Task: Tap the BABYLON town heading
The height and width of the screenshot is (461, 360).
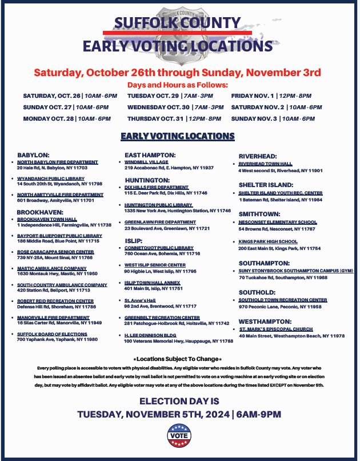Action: (x=33, y=155)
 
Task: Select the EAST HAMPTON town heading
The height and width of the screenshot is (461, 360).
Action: (x=150, y=155)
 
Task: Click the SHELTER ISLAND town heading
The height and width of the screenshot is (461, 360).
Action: (x=266, y=185)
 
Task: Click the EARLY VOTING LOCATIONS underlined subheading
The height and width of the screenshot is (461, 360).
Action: (x=178, y=136)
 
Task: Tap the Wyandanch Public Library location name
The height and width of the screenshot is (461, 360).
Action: (x=51, y=178)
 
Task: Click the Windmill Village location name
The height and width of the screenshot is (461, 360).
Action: (x=146, y=162)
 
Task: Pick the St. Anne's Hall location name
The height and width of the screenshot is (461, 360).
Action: (x=140, y=300)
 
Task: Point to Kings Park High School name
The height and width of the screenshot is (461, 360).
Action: (x=268, y=241)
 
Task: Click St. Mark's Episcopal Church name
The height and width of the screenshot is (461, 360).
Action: (x=276, y=329)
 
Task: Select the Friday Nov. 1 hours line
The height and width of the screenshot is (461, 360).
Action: (x=271, y=96)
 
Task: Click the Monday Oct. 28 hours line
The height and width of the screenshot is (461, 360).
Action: (x=67, y=118)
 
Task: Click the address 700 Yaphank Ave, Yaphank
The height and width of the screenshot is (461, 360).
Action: (x=57, y=339)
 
